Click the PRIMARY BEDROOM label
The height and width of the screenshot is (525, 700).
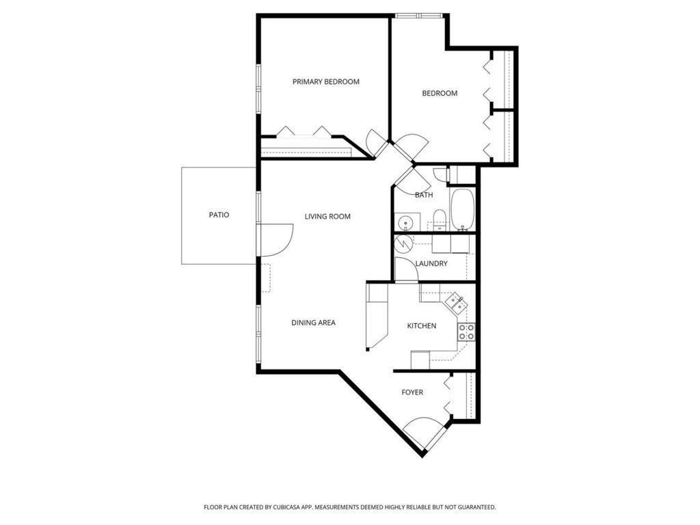click(x=325, y=82)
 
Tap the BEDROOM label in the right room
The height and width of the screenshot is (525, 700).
click(x=440, y=94)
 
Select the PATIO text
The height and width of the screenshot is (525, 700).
click(x=219, y=215)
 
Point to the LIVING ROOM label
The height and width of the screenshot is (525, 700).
click(x=327, y=217)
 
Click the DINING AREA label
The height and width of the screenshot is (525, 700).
click(x=313, y=323)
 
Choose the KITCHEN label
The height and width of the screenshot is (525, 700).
click(x=422, y=326)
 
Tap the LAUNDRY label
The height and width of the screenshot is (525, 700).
click(x=431, y=264)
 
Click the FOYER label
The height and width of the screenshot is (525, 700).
click(x=412, y=392)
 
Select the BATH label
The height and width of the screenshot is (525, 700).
click(x=424, y=196)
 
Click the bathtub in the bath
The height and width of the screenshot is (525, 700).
click(x=462, y=209)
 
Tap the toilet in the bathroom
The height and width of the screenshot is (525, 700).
click(x=439, y=220)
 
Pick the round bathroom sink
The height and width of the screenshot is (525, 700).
click(x=406, y=222)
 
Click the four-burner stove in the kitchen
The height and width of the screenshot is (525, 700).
click(x=466, y=332)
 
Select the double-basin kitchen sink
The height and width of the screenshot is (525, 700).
click(x=456, y=303)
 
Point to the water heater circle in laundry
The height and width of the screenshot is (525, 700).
click(x=404, y=243)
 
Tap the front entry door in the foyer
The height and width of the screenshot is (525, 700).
click(x=425, y=431)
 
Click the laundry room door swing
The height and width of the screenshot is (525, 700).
click(x=405, y=269)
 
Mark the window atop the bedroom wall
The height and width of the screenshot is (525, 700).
click(x=419, y=15)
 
